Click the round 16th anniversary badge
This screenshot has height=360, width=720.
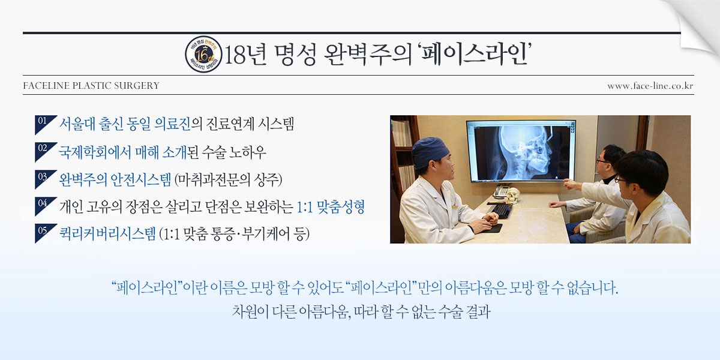(203, 54)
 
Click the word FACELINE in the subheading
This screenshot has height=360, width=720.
(46, 86)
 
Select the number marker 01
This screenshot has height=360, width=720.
(43, 121)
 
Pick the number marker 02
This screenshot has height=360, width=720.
(43, 148)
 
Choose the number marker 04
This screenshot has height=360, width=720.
(43, 203)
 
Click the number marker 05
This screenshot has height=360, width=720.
(43, 230)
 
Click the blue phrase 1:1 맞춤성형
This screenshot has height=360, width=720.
(331, 206)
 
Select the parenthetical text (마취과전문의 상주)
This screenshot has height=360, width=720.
(228, 179)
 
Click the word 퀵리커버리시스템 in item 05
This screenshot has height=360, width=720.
(107, 233)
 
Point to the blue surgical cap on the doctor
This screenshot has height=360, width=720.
(431, 152)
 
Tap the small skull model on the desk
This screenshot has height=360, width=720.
(512, 196)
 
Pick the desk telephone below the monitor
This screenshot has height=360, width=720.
(501, 191)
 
